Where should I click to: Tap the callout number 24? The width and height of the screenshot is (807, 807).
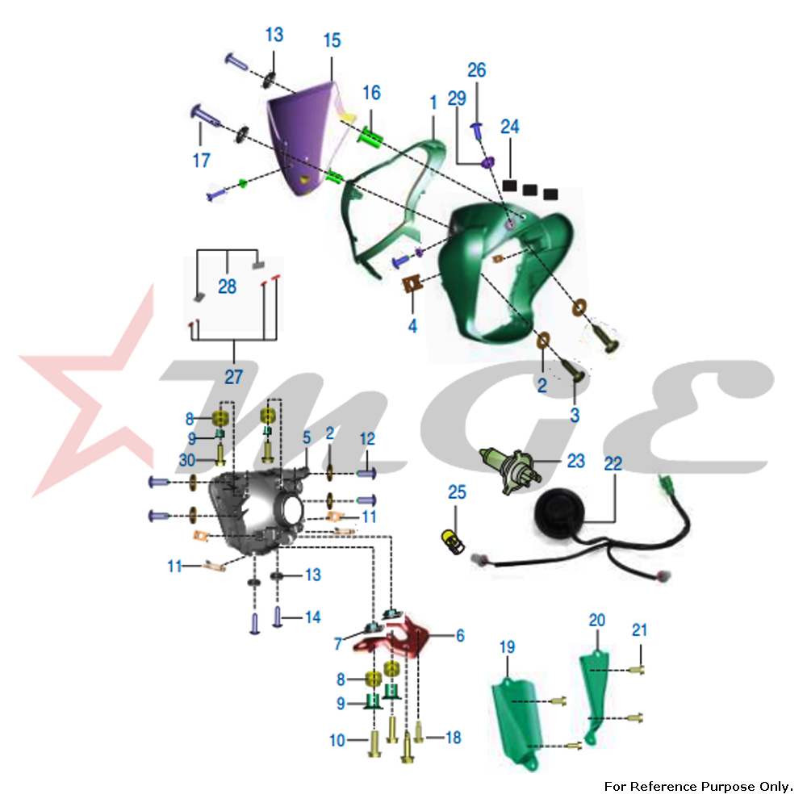pos(510,127)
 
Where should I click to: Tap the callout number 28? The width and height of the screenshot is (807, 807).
pos(227,286)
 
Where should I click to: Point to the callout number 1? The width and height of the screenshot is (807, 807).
pos(433,102)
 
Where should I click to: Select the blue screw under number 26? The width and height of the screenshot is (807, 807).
pos(478,128)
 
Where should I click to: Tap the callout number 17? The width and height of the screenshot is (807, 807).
pos(201,161)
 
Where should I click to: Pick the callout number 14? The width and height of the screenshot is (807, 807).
pos(312,617)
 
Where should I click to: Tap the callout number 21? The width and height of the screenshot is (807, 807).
pos(639,630)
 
